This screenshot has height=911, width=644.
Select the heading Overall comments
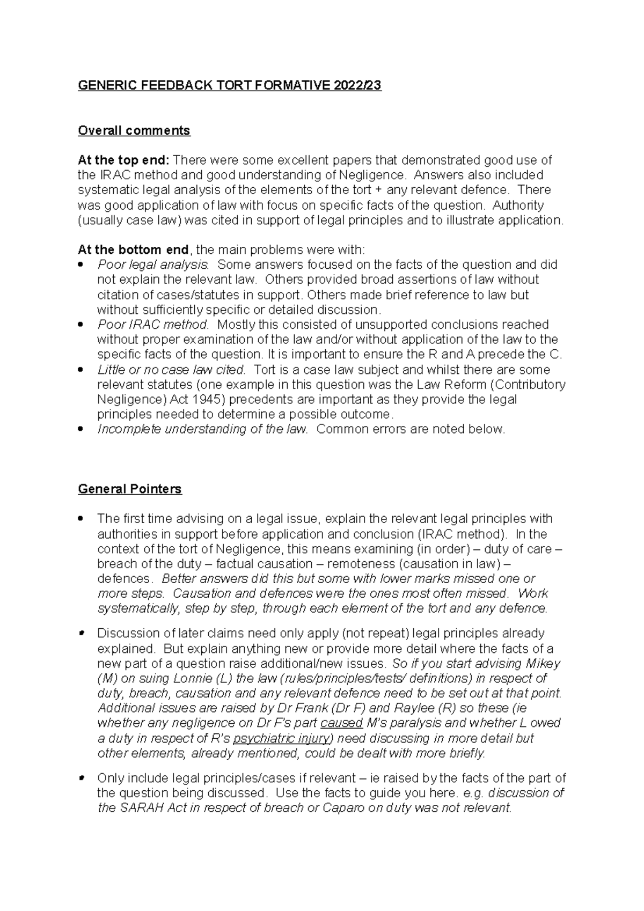[134, 130]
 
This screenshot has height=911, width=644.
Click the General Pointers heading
[129, 489]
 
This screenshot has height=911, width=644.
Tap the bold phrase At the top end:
[123, 160]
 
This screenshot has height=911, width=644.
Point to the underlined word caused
[345, 723]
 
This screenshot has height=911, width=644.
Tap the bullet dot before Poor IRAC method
[80, 325]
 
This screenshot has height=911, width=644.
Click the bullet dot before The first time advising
[80, 519]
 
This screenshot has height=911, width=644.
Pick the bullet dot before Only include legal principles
[80, 778]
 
